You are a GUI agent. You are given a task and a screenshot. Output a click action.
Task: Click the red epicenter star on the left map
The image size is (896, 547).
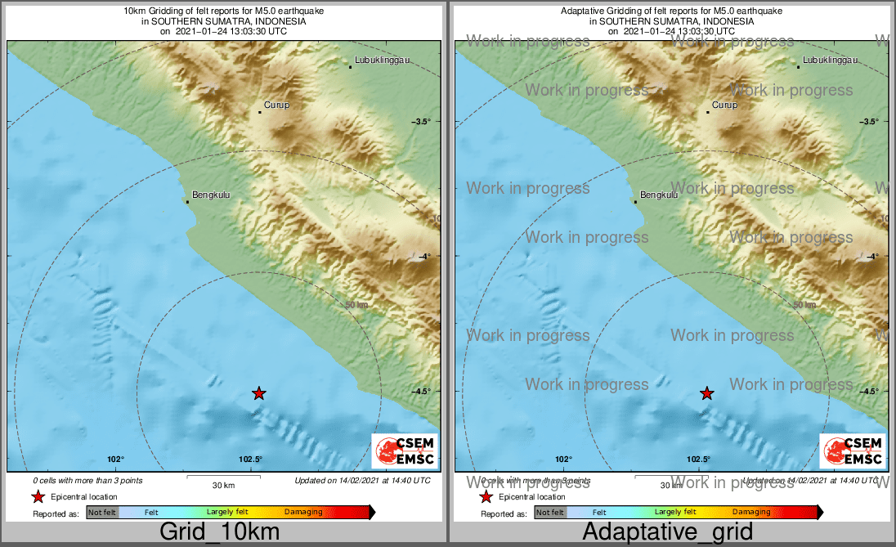(258, 393)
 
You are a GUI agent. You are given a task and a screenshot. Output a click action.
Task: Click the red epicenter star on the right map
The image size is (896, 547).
(707, 393)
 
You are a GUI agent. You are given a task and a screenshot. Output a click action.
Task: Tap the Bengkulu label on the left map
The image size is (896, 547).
(208, 196)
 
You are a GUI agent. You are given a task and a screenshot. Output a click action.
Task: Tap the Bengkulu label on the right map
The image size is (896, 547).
(659, 195)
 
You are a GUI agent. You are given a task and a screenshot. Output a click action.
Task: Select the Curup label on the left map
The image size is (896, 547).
(276, 105)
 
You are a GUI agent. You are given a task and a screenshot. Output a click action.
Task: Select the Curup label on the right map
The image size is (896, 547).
(724, 105)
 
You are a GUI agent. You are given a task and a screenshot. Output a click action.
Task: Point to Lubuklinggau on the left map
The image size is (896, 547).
(382, 61)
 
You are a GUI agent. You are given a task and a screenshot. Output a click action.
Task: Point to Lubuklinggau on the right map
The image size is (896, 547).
(830, 61)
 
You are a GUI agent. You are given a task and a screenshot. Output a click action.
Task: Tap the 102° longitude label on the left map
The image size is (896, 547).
(114, 460)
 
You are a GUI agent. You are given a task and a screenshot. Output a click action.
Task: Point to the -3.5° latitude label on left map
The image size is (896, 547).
(421, 122)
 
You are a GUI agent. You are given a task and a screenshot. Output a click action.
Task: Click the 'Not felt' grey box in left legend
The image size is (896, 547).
(102, 513)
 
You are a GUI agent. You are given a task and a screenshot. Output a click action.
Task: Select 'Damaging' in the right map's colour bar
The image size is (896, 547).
(750, 513)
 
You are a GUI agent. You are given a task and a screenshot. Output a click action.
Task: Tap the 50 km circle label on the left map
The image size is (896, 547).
(356, 305)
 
